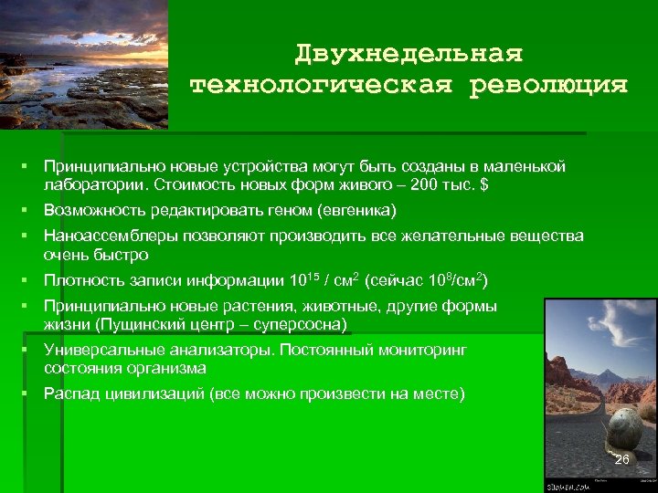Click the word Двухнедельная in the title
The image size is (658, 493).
click(409, 54)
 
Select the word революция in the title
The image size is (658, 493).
click(549, 86)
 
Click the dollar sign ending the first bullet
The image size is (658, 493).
click(484, 184)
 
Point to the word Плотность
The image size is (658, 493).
click(82, 280)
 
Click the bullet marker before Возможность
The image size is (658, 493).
click(30, 211)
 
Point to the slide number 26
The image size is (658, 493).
click(621, 459)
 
